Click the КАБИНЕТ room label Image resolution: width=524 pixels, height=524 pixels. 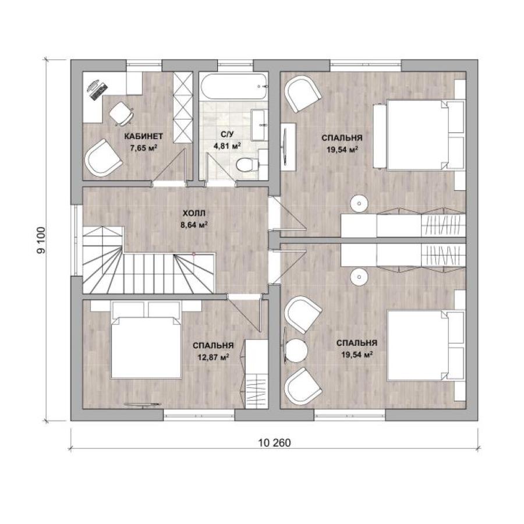144,136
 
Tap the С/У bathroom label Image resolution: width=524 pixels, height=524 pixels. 227,134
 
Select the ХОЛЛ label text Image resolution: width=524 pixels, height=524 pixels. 194,213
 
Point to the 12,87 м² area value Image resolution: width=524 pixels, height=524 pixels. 213,357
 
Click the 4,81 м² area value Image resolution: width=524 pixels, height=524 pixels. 227,146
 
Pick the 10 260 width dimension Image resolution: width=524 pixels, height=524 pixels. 274,443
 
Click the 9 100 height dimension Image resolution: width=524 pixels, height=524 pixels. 41,240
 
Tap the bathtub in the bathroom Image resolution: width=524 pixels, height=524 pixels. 234,86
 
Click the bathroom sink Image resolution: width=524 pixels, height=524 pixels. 259,125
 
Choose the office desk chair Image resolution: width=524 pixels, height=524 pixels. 121,114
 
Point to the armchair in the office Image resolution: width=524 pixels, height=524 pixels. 103,158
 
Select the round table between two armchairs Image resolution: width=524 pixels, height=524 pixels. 296,350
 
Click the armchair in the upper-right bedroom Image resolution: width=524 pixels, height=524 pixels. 303,94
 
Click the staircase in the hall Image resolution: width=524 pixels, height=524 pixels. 148,260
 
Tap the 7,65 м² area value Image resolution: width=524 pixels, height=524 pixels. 144,148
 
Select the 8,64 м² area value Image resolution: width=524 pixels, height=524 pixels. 194,225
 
